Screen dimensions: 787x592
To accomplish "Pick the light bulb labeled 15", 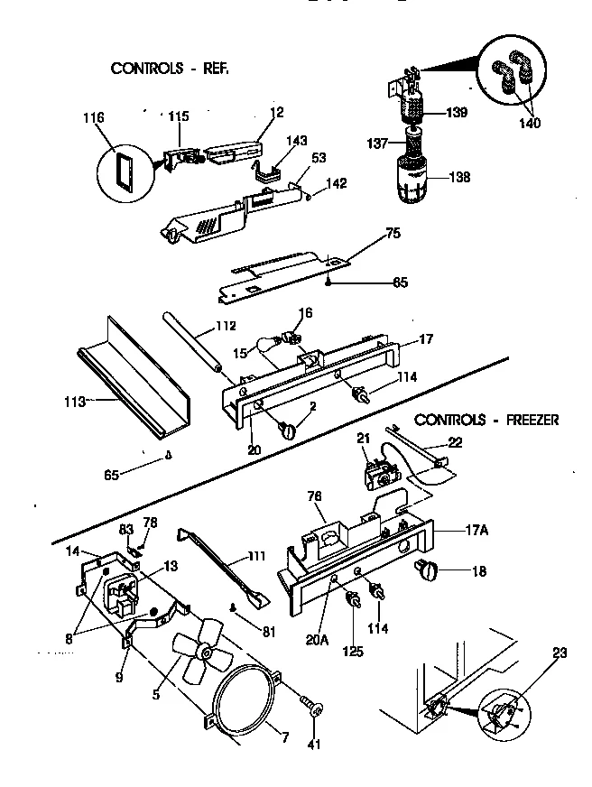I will pos(270,347).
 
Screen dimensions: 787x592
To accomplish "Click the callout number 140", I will pos(530,123).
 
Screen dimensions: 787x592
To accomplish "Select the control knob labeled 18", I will pos(424,569).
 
